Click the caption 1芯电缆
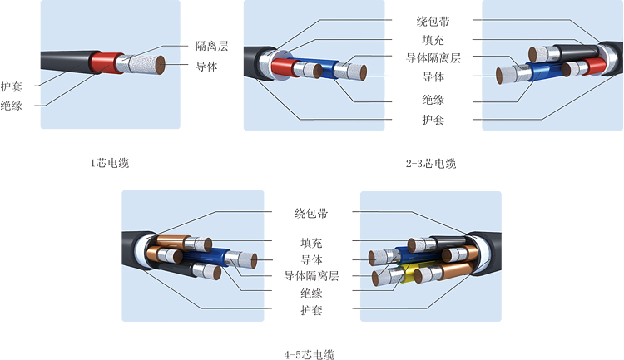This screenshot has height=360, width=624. pos(110,163)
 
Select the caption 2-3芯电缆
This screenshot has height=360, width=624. pos(431,163)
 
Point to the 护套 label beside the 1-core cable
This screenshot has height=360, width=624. pos(12,86)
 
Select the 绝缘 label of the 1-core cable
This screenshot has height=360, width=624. pos(12,105)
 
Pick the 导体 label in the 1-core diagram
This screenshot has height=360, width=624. pos(206,67)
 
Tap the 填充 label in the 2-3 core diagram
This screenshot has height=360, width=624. pos(433,39)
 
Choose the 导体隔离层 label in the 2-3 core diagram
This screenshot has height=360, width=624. pos(433,58)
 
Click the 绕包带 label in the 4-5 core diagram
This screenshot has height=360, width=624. pos(311,214)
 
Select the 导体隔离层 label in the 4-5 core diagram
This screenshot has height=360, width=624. pos(311,276)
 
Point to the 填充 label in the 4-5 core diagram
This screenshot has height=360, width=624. pos(311,243)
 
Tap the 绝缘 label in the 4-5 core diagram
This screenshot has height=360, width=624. pos(311,293)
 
